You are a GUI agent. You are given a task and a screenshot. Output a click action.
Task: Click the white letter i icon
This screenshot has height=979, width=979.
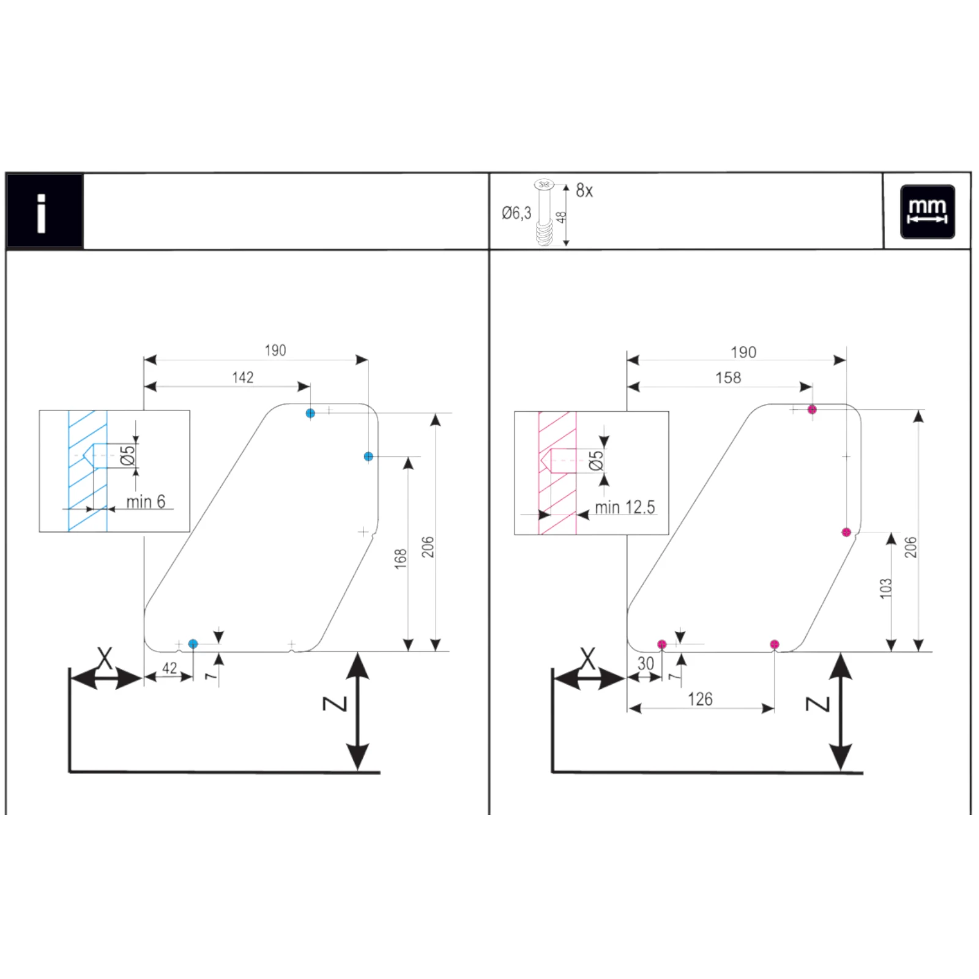tap(42, 213)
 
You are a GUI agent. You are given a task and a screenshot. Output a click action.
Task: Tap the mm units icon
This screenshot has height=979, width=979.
tap(927, 211)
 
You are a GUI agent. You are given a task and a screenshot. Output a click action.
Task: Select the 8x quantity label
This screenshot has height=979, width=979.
tap(584, 191)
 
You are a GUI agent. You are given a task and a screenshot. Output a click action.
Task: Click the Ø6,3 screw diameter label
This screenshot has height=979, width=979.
tap(516, 213)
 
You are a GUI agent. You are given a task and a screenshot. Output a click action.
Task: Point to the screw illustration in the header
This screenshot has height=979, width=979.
tap(543, 213)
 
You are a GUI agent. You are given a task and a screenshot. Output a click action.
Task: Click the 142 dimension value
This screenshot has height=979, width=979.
tap(243, 378)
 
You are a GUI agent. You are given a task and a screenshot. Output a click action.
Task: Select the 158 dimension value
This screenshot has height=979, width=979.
tap(728, 378)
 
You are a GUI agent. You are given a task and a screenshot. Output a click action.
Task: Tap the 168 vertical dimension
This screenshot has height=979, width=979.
tap(401, 559)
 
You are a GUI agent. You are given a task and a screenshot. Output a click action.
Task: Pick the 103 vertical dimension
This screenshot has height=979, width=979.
tap(885, 588)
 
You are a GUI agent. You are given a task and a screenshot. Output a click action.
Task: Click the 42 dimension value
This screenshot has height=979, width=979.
tap(169, 668)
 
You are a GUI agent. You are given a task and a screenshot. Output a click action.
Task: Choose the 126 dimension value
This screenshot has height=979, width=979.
tap(700, 699)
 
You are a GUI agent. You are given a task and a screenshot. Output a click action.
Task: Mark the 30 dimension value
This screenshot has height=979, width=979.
tap(646, 663)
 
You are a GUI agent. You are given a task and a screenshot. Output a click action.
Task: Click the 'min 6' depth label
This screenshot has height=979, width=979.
tap(146, 502)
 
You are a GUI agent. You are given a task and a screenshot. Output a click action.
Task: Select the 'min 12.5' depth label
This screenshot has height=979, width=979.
tap(625, 507)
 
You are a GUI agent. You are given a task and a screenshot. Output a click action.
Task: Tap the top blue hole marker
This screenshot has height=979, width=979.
tap(310, 414)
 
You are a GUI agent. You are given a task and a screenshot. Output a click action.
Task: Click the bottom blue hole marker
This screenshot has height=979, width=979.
tap(193, 644)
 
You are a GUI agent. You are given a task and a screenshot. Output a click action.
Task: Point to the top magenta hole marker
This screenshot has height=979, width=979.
tap(812, 409)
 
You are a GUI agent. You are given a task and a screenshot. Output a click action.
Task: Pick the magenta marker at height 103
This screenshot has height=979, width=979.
tap(846, 532)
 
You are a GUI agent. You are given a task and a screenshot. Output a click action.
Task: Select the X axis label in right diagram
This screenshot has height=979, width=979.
tap(587, 660)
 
